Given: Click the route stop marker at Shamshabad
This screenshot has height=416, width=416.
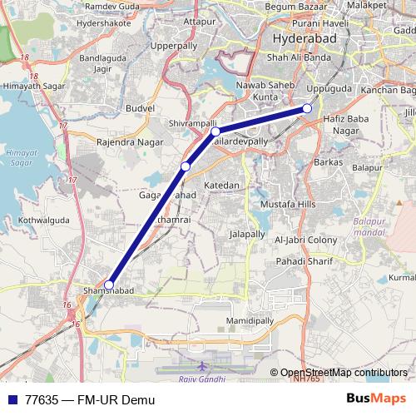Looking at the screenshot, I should pos(109,285).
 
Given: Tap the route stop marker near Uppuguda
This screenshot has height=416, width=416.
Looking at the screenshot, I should pos(307,108).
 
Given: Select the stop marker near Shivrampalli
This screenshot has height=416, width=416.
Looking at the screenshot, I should pos(215,131).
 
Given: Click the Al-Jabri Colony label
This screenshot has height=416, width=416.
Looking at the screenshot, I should pos(305,240).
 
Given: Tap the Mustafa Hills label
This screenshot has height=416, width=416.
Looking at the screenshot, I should pos(289,204).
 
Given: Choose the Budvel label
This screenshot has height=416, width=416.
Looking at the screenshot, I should pos(140,108).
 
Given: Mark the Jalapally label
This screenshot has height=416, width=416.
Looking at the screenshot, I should pos(246,235).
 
